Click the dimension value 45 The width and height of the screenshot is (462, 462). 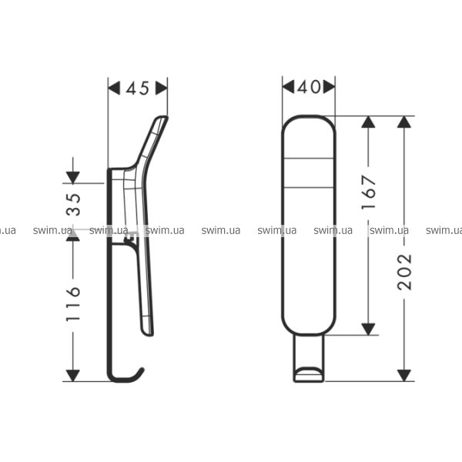(x=138, y=88)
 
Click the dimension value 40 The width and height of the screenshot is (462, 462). (x=309, y=87)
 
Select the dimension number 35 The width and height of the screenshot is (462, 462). (x=73, y=205)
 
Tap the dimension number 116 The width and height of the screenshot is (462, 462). (x=73, y=303)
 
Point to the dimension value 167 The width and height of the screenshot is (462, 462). (x=369, y=192)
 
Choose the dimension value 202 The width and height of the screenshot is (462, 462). (x=404, y=272)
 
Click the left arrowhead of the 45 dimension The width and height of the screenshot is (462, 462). (x=114, y=88)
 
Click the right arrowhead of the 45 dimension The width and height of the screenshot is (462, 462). (x=162, y=88)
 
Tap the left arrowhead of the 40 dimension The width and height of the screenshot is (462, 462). (x=288, y=87)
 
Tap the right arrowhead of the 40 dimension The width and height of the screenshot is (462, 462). (x=329, y=87)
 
